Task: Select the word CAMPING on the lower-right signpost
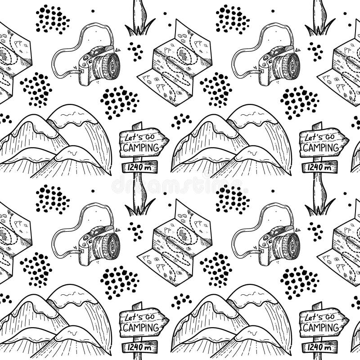(319, 327)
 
